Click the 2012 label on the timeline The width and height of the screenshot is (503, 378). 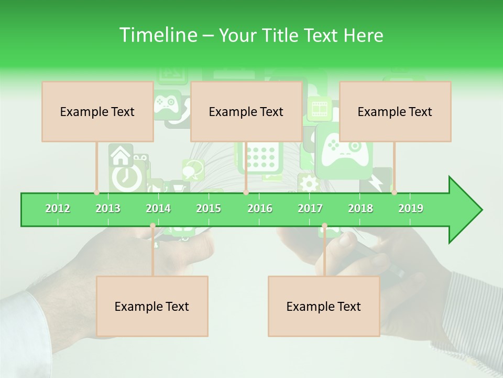[58, 208]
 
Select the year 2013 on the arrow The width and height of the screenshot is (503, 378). [108, 208]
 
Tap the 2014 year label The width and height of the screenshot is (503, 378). [158, 208]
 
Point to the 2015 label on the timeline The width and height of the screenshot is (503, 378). [209, 208]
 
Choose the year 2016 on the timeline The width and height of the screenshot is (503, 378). [260, 208]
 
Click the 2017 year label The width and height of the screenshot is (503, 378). [310, 208]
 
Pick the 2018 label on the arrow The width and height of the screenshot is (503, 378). [360, 208]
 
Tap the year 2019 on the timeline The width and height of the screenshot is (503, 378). [411, 208]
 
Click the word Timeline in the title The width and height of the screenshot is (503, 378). [157, 35]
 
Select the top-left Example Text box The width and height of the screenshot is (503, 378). [97, 111]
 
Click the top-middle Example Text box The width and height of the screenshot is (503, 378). [246, 111]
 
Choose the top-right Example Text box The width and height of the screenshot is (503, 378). [395, 111]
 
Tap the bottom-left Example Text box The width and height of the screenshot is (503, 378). [152, 306]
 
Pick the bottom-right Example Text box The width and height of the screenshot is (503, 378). [324, 306]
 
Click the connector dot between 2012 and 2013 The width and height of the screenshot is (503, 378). [96, 192]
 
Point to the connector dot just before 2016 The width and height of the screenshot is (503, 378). [246, 192]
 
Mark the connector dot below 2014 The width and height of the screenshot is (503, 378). [152, 226]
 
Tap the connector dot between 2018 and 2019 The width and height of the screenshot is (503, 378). [394, 192]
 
